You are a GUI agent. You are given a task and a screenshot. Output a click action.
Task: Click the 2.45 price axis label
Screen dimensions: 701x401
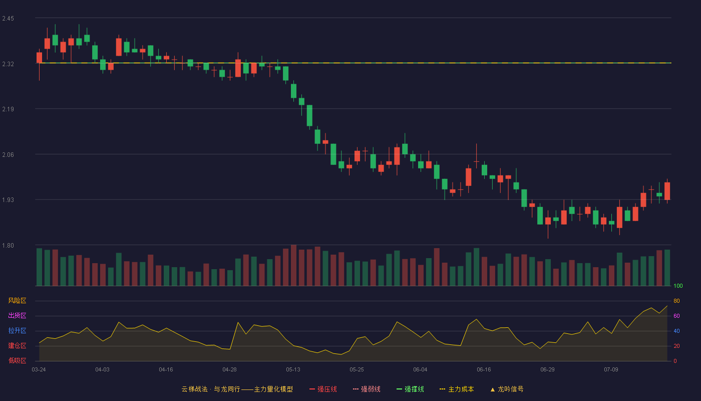[8, 19]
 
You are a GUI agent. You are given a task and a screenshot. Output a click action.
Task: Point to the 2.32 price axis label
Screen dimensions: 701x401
[8, 64]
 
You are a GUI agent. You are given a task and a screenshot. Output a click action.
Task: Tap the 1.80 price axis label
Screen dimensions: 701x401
[8, 246]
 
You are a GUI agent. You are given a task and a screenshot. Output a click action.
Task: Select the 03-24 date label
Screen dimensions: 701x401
[39, 370]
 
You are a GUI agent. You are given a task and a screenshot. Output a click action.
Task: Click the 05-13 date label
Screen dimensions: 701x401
[293, 370]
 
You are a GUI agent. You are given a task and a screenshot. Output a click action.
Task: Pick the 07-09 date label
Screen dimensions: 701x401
[611, 370]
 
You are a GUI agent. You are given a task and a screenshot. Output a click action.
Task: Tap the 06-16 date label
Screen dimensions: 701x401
[484, 370]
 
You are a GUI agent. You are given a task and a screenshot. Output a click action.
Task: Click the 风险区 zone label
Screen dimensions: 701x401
[17, 301]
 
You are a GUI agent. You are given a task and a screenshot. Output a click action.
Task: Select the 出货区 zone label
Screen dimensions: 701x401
[17, 315]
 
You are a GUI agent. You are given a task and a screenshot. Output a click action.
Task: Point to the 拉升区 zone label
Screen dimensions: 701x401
[17, 330]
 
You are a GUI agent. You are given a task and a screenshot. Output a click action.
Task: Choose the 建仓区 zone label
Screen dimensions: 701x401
[17, 345]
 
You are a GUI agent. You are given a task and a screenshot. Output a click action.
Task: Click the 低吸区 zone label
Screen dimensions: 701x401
[17, 360]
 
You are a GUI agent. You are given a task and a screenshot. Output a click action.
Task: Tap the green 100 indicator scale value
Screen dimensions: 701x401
[678, 286]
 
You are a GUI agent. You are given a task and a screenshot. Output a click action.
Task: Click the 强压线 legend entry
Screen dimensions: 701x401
[323, 389]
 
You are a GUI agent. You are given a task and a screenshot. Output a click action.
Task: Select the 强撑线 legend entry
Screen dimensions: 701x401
[410, 389]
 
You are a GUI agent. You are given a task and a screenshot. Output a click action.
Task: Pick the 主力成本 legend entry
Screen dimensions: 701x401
[457, 389]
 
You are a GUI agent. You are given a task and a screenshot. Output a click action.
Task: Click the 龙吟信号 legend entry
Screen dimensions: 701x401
[507, 389]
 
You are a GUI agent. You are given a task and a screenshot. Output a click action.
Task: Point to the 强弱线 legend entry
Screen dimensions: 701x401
[367, 389]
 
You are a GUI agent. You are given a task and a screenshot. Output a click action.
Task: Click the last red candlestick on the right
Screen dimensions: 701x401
[667, 191]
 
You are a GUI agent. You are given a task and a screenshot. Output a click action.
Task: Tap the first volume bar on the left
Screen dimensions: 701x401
[39, 267]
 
